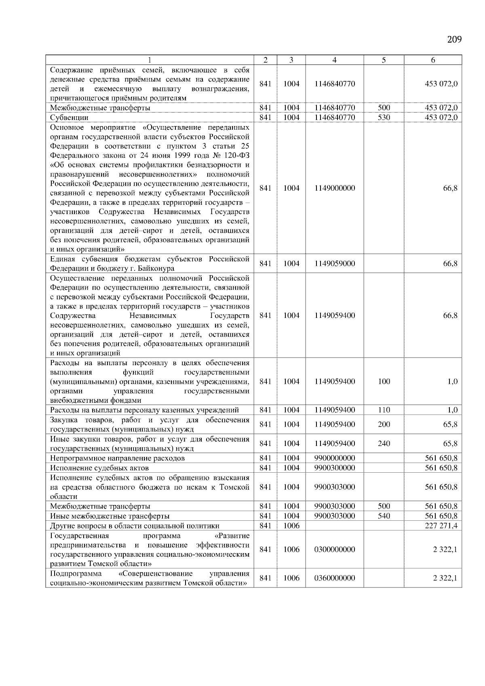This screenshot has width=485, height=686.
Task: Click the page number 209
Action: click(x=454, y=39)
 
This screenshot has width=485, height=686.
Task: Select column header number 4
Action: click(x=334, y=60)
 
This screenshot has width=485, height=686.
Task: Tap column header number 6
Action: click(x=432, y=60)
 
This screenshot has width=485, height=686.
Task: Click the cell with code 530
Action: click(x=384, y=118)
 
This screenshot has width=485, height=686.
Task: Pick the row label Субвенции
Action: click(x=69, y=118)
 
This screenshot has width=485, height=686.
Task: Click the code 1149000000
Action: click(x=334, y=188)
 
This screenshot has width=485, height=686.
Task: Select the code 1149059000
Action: click(x=334, y=264)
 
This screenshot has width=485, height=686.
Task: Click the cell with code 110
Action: click(x=384, y=410)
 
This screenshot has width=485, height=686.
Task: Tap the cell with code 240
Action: click(x=384, y=444)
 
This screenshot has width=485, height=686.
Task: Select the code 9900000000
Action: click(x=334, y=458)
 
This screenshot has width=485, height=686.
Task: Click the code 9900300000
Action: click(x=334, y=468)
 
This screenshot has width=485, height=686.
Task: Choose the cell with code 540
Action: click(x=384, y=516)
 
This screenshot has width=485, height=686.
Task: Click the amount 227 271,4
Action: click(x=441, y=526)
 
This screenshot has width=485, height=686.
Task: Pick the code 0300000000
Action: click(x=334, y=549)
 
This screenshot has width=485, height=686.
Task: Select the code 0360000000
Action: click(x=334, y=578)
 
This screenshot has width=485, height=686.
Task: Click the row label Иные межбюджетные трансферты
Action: click(x=110, y=516)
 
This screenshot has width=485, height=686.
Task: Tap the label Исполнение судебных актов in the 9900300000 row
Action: click(x=99, y=468)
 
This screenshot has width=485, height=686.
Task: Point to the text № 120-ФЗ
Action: click(x=231, y=156)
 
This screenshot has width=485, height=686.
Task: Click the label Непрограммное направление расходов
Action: click(x=117, y=458)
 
